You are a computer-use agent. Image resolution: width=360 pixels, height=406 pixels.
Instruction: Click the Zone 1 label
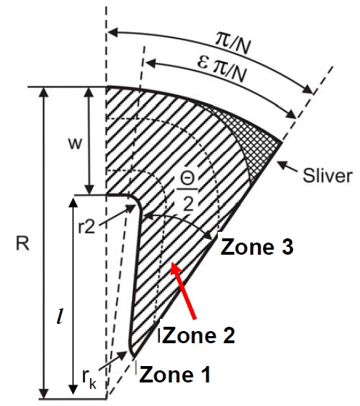pyautogui.click(x=174, y=375)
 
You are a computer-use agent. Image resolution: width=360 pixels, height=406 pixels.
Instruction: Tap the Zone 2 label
pyautogui.click(x=199, y=335)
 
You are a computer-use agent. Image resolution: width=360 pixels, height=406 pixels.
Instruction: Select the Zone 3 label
pyautogui.click(x=256, y=247)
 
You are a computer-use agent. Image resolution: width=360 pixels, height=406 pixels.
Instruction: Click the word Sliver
pyautogui.click(x=328, y=176)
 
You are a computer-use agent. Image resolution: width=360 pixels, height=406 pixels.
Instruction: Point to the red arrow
pyautogui.click(x=184, y=291)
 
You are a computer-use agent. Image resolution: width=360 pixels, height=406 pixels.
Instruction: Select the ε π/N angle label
pyautogui.click(x=221, y=70)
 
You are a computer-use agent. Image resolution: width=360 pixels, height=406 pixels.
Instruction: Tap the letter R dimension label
pyautogui.click(x=23, y=243)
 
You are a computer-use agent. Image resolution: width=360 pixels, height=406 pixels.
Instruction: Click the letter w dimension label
pyautogui.click(x=75, y=143)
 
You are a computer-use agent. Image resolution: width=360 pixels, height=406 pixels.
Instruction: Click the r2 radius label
pyautogui.click(x=86, y=227)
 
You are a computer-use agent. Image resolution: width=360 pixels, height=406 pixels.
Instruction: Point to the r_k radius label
pyautogui.click(x=89, y=380)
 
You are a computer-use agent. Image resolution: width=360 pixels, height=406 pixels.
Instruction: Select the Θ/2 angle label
pyautogui.click(x=188, y=192)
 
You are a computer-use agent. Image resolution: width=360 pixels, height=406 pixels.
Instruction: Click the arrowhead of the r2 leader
pyautogui.click(x=130, y=208)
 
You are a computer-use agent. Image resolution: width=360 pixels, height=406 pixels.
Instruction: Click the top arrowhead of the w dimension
pyautogui.click(x=89, y=92)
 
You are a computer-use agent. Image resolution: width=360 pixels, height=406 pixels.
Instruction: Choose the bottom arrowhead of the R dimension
pyautogui.click(x=45, y=393)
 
